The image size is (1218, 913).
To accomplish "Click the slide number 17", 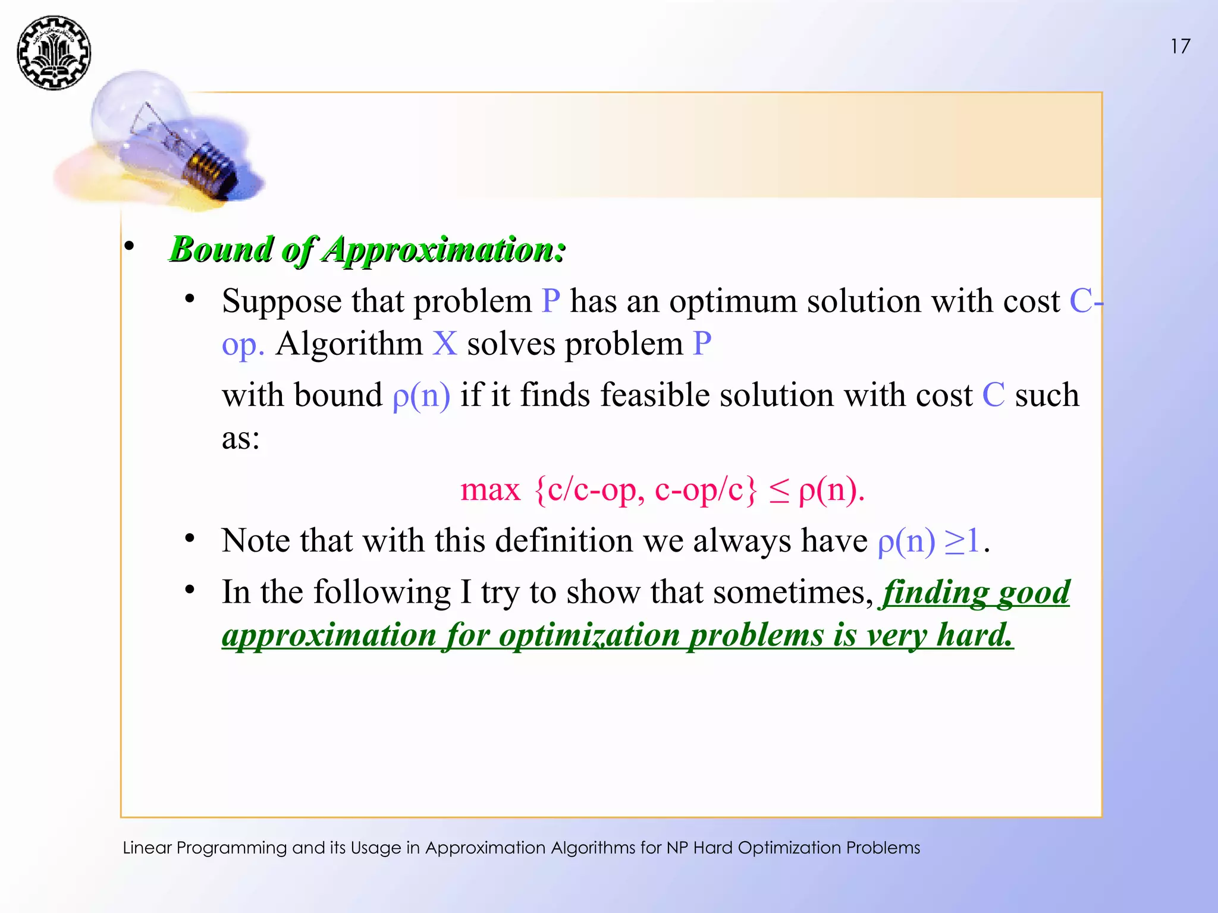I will click(x=1180, y=46).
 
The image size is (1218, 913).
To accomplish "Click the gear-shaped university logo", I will click(x=54, y=53).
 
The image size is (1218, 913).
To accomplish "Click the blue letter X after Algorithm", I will click(x=444, y=344).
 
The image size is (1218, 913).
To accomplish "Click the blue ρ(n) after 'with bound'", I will click(x=421, y=395).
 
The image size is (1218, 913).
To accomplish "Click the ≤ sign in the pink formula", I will click(x=779, y=491).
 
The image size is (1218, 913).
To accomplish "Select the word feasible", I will click(x=655, y=395).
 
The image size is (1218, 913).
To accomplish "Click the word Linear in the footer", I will click(x=147, y=848).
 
